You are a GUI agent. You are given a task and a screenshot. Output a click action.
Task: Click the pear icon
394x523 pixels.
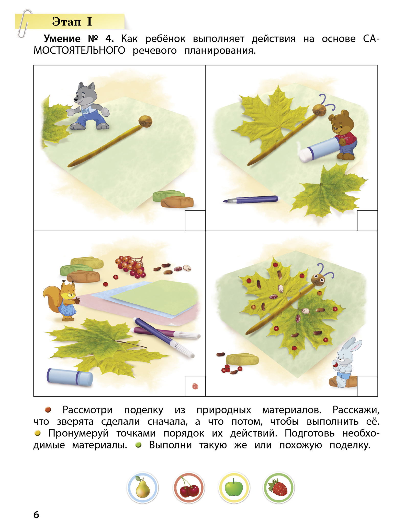tap(143, 488)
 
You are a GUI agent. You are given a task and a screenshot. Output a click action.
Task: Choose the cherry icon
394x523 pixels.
tap(188, 488)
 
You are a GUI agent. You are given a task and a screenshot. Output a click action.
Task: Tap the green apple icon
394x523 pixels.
tap(234, 488)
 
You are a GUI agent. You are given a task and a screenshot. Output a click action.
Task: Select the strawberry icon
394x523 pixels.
tap(279, 488)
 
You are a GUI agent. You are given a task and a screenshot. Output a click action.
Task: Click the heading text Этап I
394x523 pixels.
tap(72, 21)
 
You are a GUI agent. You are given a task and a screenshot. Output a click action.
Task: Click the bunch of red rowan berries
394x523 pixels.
tap(130, 267)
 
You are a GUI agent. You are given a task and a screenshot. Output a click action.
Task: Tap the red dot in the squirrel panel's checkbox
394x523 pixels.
tap(195, 386)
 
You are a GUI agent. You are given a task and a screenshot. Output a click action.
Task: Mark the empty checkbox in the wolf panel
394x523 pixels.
tap(195, 220)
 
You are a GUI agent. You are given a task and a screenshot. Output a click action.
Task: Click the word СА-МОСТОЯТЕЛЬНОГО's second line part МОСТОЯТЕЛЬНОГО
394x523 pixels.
tap(79, 51)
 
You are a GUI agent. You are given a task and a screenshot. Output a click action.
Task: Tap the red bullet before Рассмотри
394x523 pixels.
tap(48, 410)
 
